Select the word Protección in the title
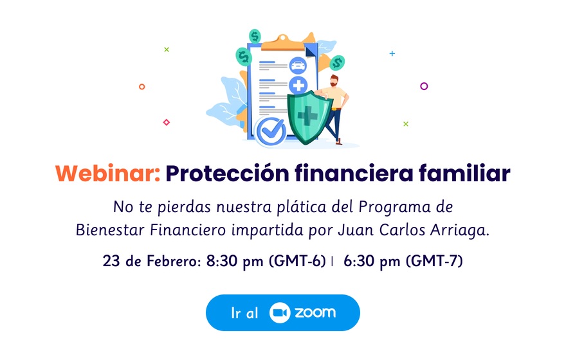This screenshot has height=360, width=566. click(x=228, y=174)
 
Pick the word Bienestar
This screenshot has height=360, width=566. click(x=111, y=230)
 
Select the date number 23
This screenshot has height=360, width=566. click(x=111, y=261)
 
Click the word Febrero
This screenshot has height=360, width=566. click(x=174, y=261)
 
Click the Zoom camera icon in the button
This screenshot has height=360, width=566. click(x=280, y=312)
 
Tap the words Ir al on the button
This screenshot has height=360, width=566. click(x=245, y=313)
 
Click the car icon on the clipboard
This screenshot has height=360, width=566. click(x=298, y=66)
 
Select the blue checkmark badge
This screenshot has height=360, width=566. click(x=270, y=131)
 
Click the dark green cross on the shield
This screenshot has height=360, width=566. click(x=307, y=116)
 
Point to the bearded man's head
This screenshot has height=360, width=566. click(x=334, y=80)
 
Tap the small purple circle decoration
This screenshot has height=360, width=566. click(x=424, y=86)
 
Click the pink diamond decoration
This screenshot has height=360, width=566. click(x=167, y=122)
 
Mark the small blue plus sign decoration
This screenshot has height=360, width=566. click(x=392, y=53)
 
